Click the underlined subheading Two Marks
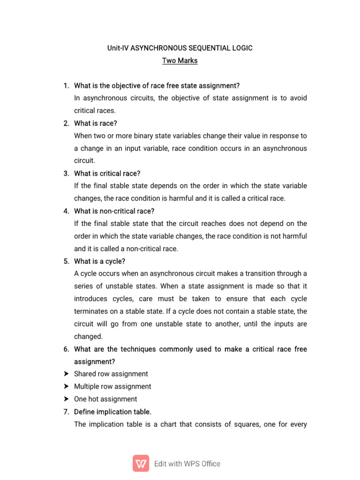(x=180, y=60)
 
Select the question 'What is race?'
(x=96, y=123)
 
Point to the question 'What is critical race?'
(x=107, y=173)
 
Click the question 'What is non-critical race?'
(x=114, y=211)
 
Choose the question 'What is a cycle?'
(x=100, y=261)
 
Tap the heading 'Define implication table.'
(x=113, y=412)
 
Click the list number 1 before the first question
(x=66, y=86)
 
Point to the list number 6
(x=66, y=349)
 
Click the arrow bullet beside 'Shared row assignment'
(x=66, y=374)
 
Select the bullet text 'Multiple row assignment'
(x=112, y=387)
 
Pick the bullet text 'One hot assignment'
(x=105, y=399)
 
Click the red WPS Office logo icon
(x=141, y=463)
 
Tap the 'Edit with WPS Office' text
(x=187, y=464)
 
